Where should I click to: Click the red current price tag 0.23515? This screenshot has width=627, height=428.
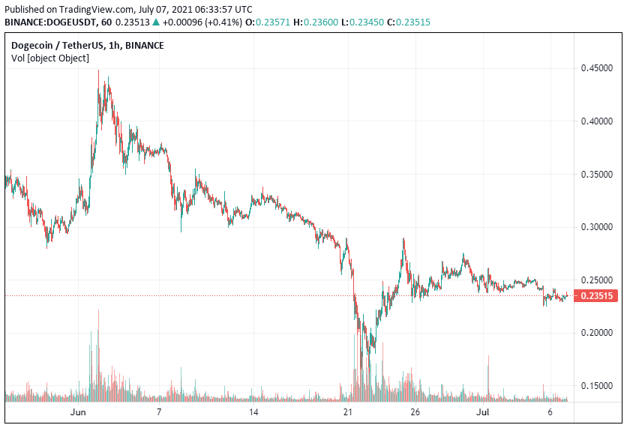595,296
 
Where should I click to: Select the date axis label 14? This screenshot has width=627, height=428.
253,412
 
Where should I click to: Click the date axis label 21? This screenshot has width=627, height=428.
347,412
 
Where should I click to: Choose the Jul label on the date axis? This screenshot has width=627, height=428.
482,412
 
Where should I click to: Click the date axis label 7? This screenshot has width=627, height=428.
159,412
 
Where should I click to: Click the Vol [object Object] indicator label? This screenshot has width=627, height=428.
50,58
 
